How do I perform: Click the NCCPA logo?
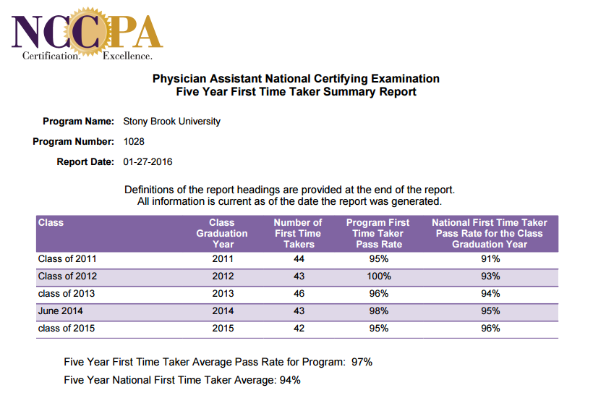tap(88, 33)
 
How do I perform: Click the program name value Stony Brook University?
tap(172, 121)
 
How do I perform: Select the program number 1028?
tap(135, 141)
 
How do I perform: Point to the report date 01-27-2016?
tap(148, 161)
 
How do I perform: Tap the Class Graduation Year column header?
tap(222, 233)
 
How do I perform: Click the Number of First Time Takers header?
tap(298, 233)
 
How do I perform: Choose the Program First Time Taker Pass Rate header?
tap(377, 233)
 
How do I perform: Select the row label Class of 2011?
tap(67, 258)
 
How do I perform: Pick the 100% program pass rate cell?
tap(378, 276)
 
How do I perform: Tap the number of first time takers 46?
tap(299, 293)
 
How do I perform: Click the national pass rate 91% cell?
tap(490, 258)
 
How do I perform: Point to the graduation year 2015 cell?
tap(223, 328)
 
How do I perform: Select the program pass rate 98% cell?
tap(378, 310)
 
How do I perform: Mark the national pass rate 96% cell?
tap(490, 328)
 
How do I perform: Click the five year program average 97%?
tap(362, 361)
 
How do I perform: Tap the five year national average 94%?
tap(290, 379)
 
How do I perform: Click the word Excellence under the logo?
tap(128, 56)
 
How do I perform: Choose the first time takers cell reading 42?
tap(299, 328)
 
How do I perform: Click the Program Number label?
tap(73, 141)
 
